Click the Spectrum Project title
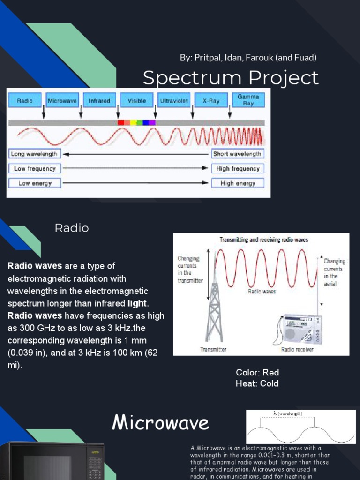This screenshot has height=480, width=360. [x=231, y=78]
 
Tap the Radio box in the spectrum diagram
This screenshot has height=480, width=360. [x=25, y=101]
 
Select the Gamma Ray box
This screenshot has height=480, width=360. [x=248, y=100]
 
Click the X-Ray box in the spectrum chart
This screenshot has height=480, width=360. [x=211, y=101]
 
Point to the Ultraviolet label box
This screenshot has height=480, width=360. [x=174, y=101]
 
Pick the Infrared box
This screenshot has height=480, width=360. [x=99, y=101]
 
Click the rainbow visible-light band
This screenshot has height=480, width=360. [x=136, y=122]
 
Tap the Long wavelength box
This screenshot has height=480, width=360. [x=34, y=154]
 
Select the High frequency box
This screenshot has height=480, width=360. [x=238, y=168]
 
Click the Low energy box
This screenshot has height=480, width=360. [x=34, y=183]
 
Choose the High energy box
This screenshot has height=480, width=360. [x=238, y=183]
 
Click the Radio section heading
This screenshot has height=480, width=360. [x=72, y=228]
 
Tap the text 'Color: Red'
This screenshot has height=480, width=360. [x=257, y=373]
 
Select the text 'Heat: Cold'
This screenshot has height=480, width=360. [x=257, y=383]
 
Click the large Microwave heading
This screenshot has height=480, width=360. [x=160, y=423]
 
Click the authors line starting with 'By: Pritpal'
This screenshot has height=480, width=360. [x=248, y=58]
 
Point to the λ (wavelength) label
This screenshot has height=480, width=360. [x=287, y=413]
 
